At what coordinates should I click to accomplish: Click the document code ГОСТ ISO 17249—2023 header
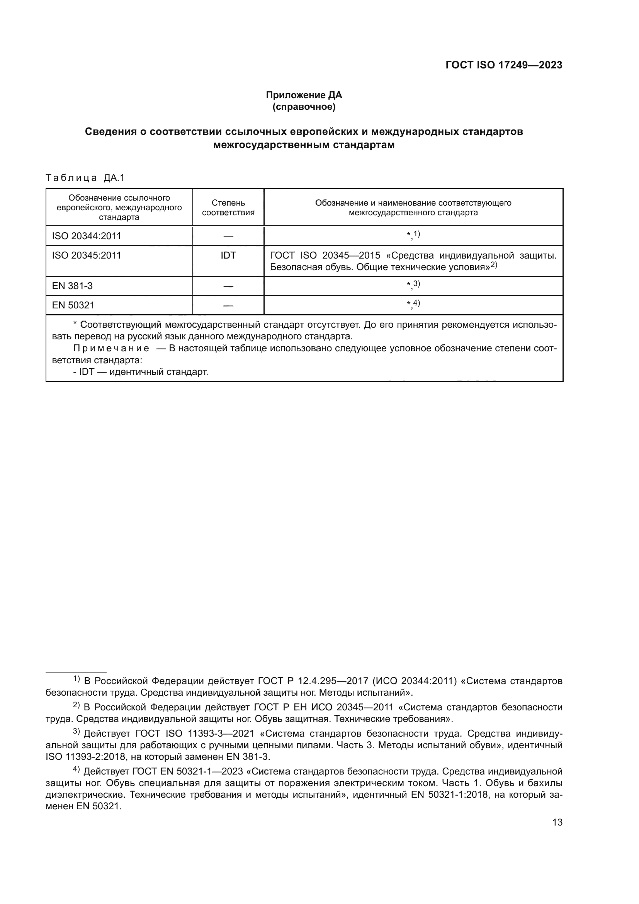504,65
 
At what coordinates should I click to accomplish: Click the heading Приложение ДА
304,95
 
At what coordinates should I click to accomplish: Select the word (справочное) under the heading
304,107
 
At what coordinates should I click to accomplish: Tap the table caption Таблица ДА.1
85,177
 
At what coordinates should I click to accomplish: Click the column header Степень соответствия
228,208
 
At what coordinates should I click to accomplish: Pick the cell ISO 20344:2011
86,236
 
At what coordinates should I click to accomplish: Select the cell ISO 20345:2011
86,255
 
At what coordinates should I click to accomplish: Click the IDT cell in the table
228,255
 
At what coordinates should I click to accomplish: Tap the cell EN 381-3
72,286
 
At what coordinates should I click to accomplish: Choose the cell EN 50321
73,305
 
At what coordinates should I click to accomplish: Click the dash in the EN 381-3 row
228,286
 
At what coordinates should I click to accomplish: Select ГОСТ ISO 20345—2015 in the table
325,255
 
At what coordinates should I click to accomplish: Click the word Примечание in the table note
111,348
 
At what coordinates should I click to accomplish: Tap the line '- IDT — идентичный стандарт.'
141,371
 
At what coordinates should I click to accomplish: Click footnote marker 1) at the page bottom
76,679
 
